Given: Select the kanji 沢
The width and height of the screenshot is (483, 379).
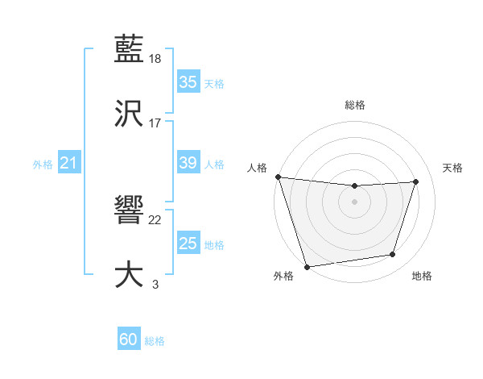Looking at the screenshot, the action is point(129,113).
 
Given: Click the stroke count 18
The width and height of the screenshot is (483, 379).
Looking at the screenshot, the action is point(155,59).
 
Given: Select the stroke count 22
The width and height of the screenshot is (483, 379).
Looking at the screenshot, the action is point(155,220).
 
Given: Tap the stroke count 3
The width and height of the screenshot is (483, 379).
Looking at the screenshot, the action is point(155,284).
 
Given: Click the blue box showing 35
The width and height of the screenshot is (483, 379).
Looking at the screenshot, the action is point(188,82).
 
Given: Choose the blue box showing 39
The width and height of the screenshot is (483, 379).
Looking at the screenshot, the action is point(188,163).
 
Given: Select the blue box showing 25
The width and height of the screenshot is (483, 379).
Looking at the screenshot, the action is point(188,244).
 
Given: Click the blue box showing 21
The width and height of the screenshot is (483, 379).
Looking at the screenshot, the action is point(68,164).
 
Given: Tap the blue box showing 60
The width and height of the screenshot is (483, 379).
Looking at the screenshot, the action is point(129,339).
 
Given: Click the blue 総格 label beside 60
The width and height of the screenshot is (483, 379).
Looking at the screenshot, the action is point(155,341).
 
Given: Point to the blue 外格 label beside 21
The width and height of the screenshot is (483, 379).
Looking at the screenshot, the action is point(43,165).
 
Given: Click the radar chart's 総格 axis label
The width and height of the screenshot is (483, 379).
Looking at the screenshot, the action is point(354,105).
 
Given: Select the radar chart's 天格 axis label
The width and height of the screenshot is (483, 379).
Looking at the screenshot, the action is point(452,168).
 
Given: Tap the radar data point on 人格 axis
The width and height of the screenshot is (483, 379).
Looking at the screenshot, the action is point(278,177).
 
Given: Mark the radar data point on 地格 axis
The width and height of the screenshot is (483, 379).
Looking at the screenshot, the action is point(393,255).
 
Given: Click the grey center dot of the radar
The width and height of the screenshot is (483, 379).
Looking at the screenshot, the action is point(354,202).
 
